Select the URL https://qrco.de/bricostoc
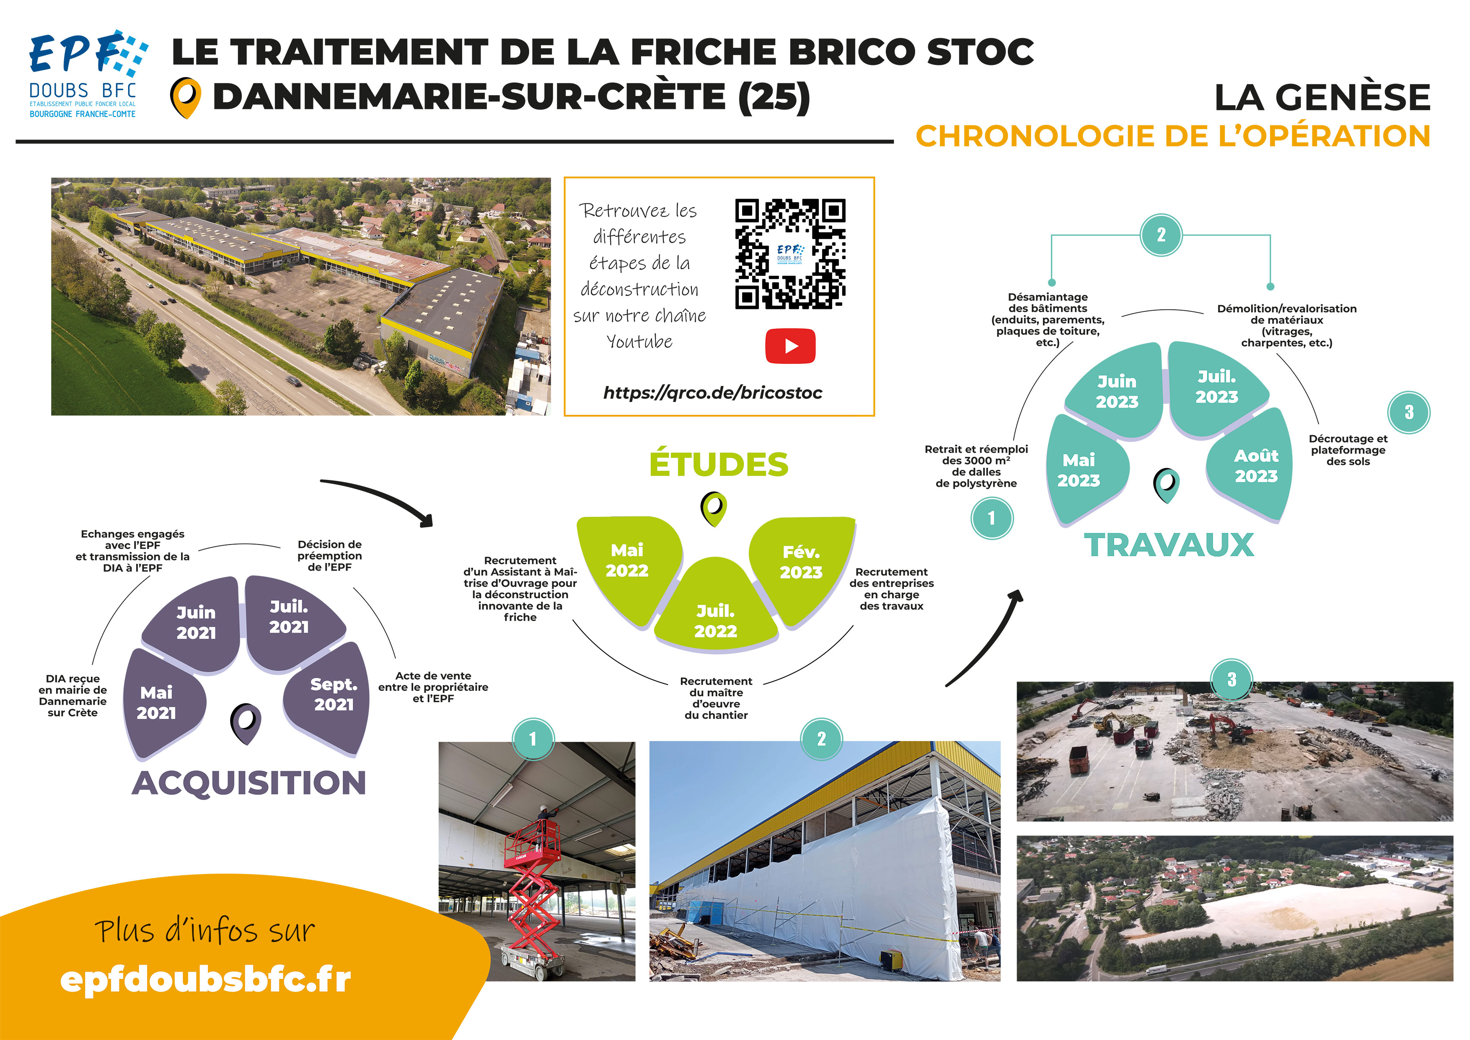[713, 392]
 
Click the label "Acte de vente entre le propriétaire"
[433, 681]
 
